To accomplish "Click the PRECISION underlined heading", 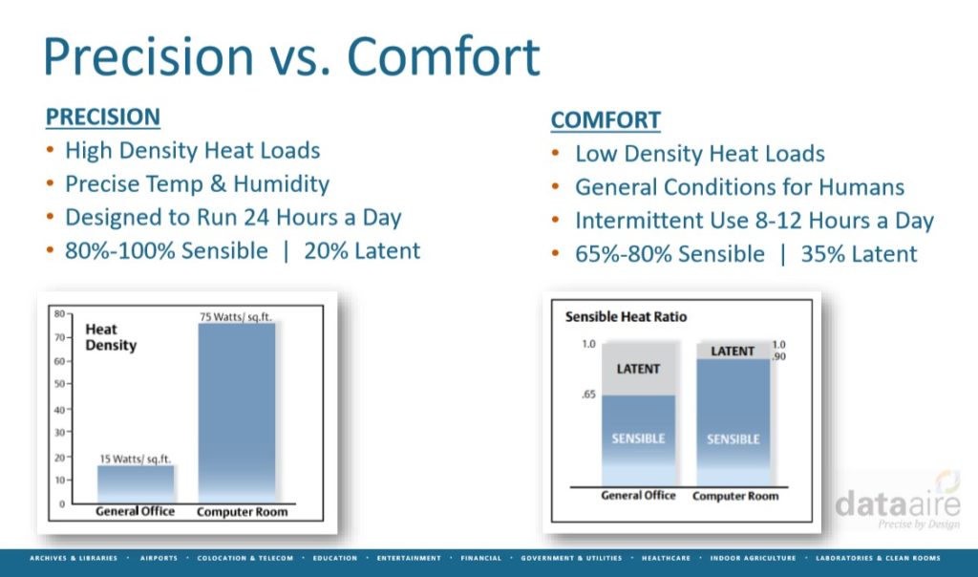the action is tap(103, 117).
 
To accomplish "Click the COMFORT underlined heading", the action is tap(605, 119).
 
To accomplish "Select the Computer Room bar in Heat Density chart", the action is tap(237, 413).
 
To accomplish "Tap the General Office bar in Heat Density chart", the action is tap(136, 484).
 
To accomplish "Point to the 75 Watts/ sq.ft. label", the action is tap(236, 316).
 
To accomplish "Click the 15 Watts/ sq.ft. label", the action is tap(135, 459).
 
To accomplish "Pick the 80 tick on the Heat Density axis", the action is tap(59, 313).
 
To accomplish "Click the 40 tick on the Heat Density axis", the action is tap(59, 410).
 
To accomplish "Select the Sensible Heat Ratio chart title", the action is tap(626, 316).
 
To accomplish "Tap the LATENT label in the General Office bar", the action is tap(638, 369).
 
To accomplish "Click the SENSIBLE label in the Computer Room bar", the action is tap(733, 439).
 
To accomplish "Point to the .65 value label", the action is tap(588, 395).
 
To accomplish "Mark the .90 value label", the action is tap(779, 356).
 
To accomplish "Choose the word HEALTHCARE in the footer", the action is tap(666, 558).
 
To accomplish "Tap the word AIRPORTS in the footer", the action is tap(159, 558).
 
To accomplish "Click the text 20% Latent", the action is tap(362, 250).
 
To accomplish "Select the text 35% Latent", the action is tap(859, 254).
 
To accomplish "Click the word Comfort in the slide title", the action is tap(443, 56).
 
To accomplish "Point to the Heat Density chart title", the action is tap(111, 337).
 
